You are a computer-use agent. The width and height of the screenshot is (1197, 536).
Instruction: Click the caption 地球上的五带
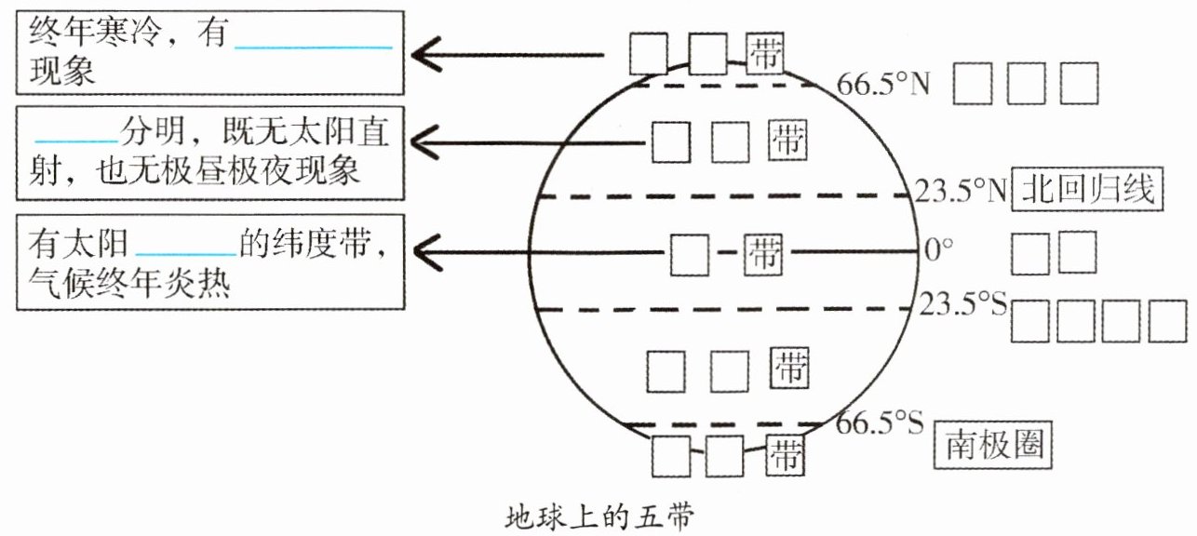(x=599, y=515)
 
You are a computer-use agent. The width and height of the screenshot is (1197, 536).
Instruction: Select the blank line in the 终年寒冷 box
(x=313, y=47)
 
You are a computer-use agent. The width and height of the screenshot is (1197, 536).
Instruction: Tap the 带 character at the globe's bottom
(x=787, y=455)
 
